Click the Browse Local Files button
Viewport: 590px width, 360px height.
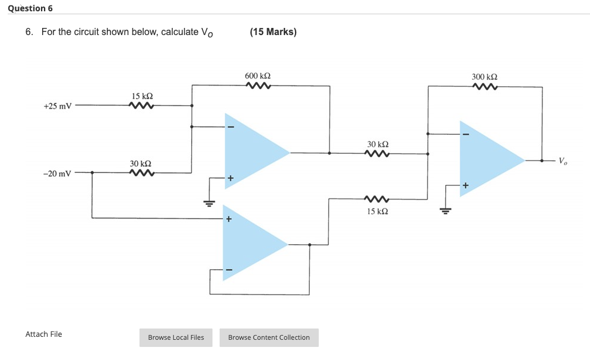[176, 337]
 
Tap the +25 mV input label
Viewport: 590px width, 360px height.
[58, 106]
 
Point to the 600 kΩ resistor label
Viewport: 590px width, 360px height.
[258, 77]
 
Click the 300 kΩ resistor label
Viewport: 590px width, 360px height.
[484, 77]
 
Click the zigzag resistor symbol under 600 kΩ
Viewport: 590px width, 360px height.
[258, 87]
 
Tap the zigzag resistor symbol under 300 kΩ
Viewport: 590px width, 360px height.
[485, 87]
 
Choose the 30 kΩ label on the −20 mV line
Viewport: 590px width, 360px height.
[141, 163]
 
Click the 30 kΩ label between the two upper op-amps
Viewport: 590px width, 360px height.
[378, 144]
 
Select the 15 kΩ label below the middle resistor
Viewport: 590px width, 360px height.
[378, 211]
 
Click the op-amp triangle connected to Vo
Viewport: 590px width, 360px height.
[487, 160]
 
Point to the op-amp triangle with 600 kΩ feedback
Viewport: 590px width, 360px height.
[252, 151]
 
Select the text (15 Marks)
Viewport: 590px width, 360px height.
[273, 31]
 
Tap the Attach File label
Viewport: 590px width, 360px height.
[43, 334]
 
